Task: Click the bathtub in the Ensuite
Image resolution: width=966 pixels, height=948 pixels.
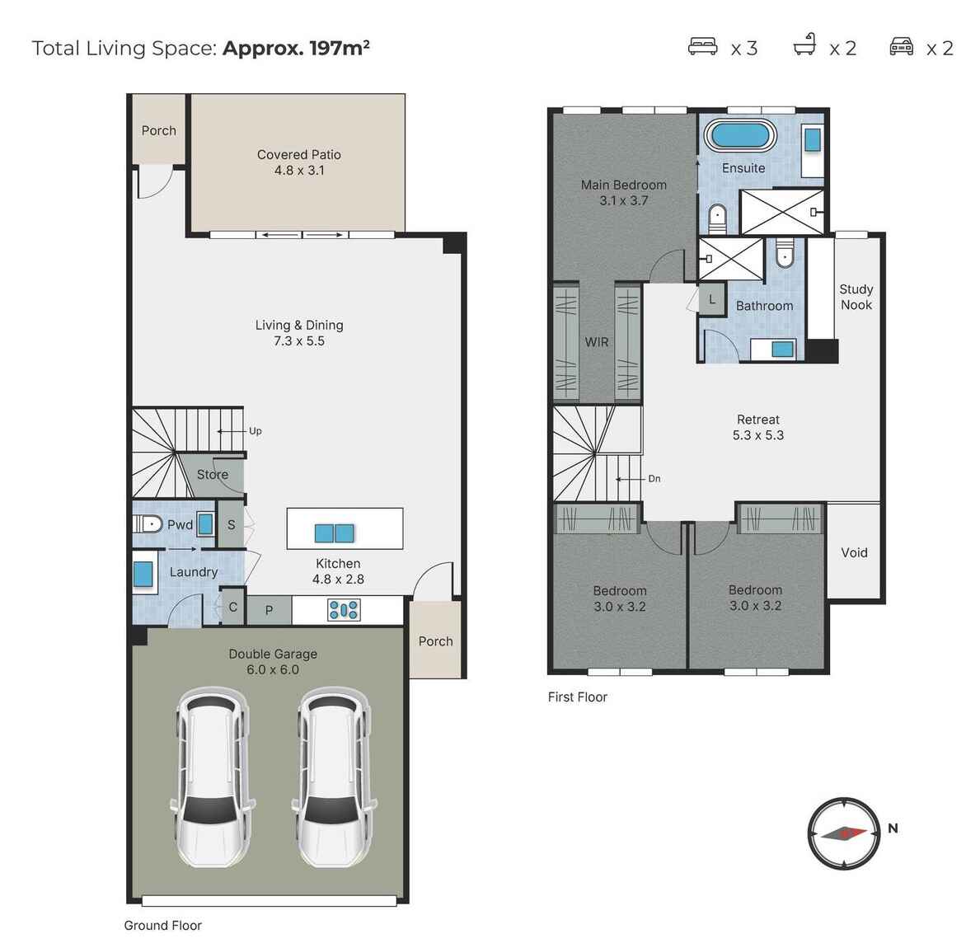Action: pos(740,135)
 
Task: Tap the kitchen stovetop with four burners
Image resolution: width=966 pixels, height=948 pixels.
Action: pos(344,610)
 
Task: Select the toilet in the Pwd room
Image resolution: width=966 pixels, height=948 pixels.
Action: pos(148,524)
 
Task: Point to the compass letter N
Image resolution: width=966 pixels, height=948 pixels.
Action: pos(893,828)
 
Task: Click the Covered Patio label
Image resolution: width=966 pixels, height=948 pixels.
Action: pos(299,162)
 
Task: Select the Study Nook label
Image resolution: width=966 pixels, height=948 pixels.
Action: pos(856,297)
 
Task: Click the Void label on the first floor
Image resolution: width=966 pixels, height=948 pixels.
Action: pos(854,552)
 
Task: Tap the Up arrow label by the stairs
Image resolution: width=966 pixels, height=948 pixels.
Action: pos(255,431)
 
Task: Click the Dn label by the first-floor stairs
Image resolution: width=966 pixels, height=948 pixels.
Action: pos(654,479)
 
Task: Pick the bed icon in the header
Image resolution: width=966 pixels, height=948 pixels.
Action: pos(702,47)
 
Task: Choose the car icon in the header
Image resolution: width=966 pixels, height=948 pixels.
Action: pos(902,47)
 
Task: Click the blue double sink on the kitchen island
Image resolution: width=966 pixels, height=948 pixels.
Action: pos(334,533)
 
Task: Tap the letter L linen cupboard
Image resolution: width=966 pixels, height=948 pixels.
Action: pos(712,300)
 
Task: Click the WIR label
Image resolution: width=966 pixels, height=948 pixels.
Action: pos(597,342)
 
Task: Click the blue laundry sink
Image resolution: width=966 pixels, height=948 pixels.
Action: pos(143,574)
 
